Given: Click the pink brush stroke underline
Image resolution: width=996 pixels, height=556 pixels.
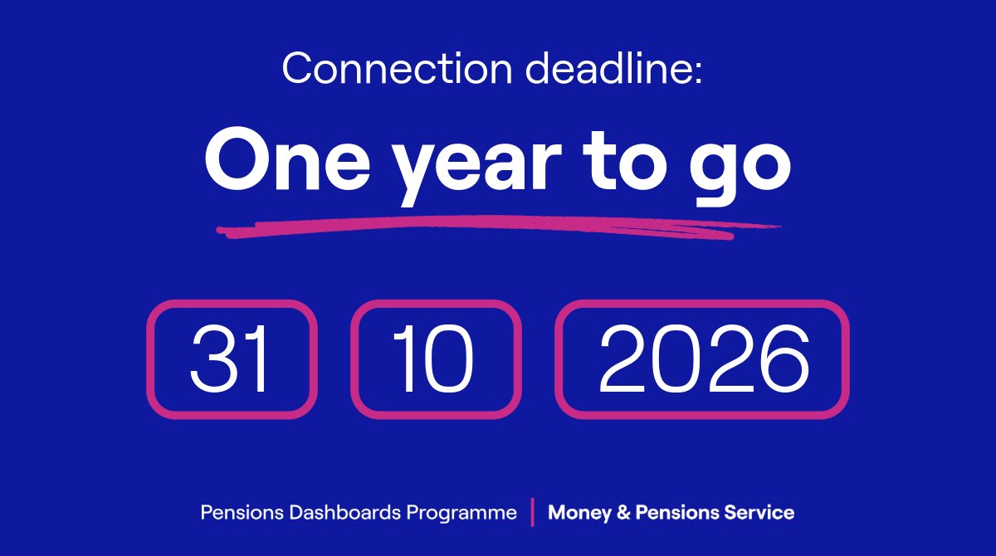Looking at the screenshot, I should click(498, 226).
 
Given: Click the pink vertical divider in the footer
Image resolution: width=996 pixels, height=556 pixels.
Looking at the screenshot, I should click(532, 512).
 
